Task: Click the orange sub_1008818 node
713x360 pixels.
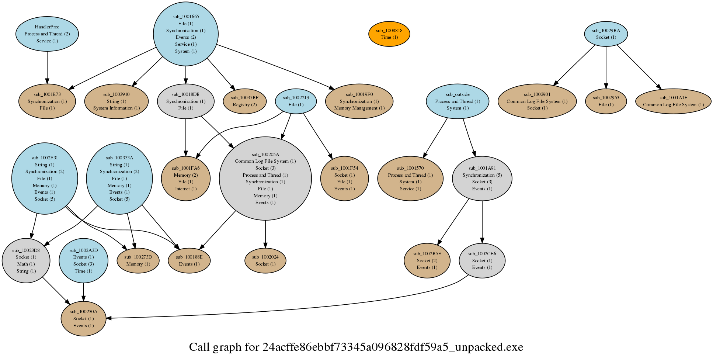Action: [389, 34]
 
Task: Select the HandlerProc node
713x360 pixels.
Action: [47, 34]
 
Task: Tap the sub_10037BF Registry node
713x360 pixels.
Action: [245, 101]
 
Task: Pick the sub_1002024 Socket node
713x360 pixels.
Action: [265, 260]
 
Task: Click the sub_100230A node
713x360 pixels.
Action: [84, 319]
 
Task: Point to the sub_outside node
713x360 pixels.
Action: [458, 101]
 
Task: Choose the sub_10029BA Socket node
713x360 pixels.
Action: [606, 34]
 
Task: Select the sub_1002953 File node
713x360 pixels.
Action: [606, 101]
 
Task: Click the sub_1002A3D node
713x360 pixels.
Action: [84, 260]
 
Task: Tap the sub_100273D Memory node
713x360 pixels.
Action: [138, 260]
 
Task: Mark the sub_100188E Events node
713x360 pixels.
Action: [189, 260]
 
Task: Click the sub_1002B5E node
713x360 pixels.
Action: [427, 260]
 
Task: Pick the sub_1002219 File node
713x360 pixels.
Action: [296, 101]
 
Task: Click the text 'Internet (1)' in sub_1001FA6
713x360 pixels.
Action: [186, 189]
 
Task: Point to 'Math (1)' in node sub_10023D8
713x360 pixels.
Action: [26, 264]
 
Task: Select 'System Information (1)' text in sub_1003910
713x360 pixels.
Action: [116, 108]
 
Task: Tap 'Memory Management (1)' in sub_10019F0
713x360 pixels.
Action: [359, 108]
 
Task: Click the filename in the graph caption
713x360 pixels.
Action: [393, 347]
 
